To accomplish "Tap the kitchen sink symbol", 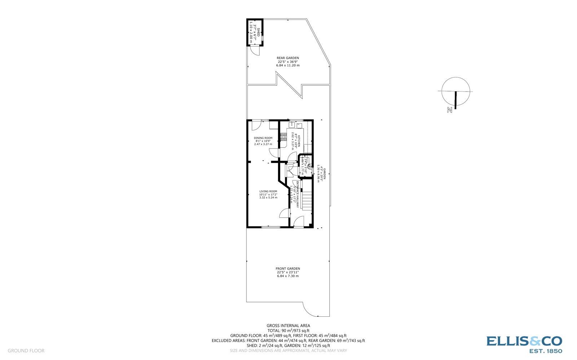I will pyautogui.click(x=291, y=125).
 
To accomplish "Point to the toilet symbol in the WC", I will pyautogui.click(x=309, y=167).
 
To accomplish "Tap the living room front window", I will pyautogui.click(x=270, y=227).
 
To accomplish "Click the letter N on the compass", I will pyautogui.click(x=449, y=110).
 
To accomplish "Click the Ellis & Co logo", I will pyautogui.click(x=524, y=345).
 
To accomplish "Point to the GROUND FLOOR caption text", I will pyautogui.click(x=26, y=351).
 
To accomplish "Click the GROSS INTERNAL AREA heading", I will pyautogui.click(x=288, y=326).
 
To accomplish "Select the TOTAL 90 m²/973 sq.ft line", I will pyautogui.click(x=288, y=330).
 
